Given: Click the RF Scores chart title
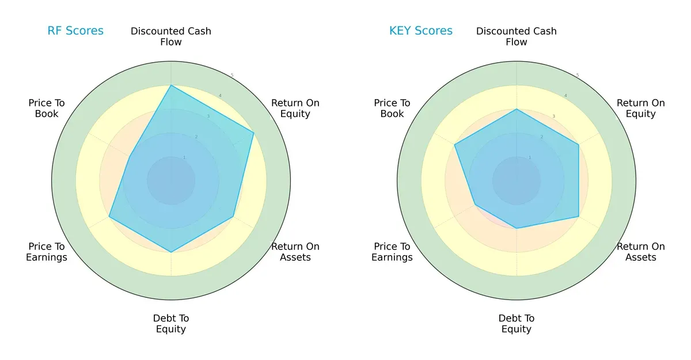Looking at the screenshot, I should (75, 31).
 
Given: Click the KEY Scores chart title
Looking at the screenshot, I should (421, 31).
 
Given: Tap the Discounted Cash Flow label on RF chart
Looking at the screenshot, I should (171, 36).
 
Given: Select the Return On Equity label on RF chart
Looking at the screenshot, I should (295, 108).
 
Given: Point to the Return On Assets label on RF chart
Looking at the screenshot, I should (295, 252).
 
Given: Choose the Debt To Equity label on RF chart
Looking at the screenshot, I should (171, 324).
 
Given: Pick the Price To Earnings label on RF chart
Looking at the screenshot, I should (47, 252).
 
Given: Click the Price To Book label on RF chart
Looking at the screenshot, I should (47, 108).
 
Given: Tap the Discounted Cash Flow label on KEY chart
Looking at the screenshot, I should (517, 36).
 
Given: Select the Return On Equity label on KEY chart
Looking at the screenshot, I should (641, 108).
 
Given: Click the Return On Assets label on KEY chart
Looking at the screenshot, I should (641, 252).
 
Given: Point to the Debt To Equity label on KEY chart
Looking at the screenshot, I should (517, 324).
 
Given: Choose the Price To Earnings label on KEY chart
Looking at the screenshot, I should (392, 252).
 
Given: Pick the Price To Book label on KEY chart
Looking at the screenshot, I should (392, 108).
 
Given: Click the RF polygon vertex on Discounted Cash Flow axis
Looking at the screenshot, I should (171, 85).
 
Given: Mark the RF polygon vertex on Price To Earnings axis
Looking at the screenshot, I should (109, 217).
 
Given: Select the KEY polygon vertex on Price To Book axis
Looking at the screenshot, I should (455, 145).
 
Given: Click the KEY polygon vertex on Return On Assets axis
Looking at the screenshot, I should (578, 217).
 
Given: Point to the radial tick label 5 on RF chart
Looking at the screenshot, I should (232, 75).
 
